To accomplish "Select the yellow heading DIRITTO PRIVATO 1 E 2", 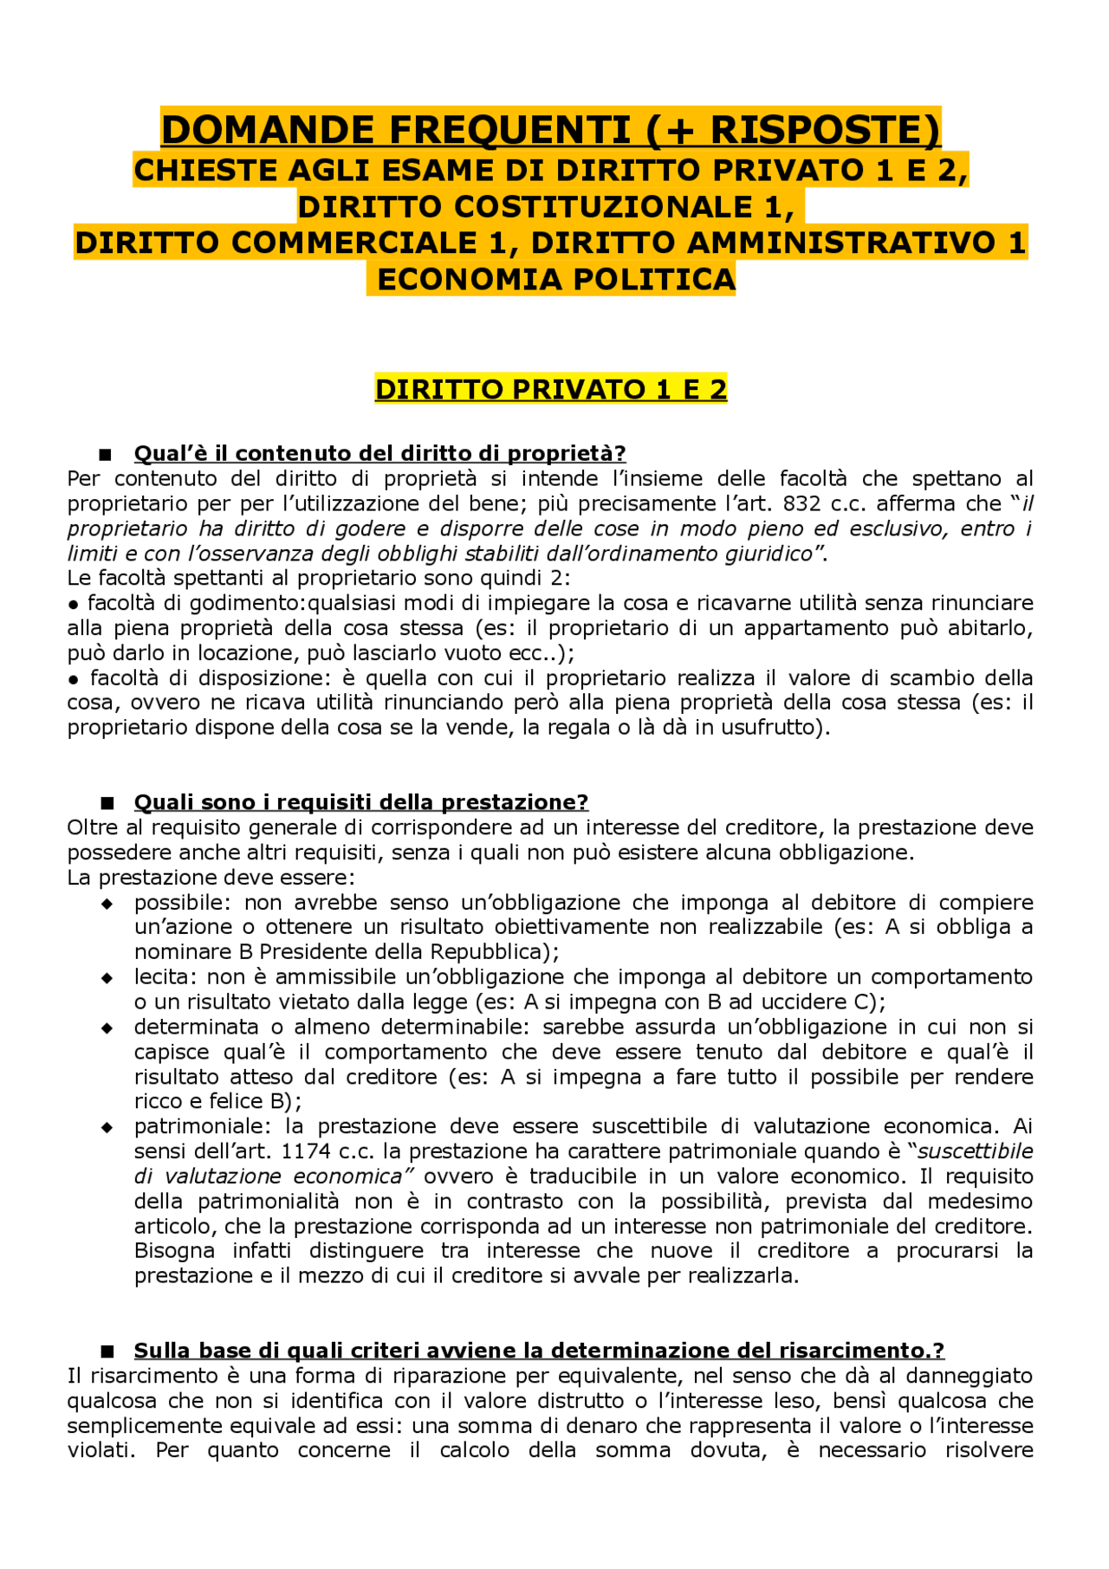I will click(x=550, y=390).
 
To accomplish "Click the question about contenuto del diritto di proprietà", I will click(x=379, y=454).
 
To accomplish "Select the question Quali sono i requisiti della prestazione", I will click(x=360, y=802).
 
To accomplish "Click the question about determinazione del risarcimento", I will click(x=538, y=1351).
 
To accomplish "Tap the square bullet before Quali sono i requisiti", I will click(x=107, y=803).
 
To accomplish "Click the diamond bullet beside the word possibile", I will click(x=107, y=904).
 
